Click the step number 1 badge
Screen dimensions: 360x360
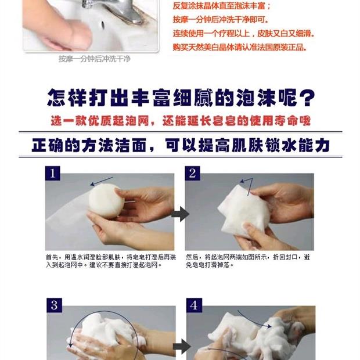pos(53,174)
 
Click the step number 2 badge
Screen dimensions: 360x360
pos(192,174)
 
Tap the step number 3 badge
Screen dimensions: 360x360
pos(54,305)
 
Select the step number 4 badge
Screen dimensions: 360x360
pos(194,305)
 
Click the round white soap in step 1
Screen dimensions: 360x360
pos(105,201)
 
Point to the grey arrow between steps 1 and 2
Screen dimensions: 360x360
pos(180,214)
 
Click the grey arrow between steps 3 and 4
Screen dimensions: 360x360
pos(182,346)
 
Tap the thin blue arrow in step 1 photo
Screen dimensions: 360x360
pos(102,181)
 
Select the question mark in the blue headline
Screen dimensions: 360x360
pos(307,98)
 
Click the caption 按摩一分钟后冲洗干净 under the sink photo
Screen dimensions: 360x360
pos(95,59)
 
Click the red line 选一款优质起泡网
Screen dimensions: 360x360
pos(100,121)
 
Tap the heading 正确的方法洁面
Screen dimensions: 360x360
pos(89,145)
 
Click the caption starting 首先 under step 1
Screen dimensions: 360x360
pos(111,261)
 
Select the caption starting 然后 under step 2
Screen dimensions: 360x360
pos(248,261)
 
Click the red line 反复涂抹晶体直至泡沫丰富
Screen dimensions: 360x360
pos(222,6)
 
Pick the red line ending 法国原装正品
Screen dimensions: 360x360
pos(240,48)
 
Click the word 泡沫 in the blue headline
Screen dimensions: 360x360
pos(256,98)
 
